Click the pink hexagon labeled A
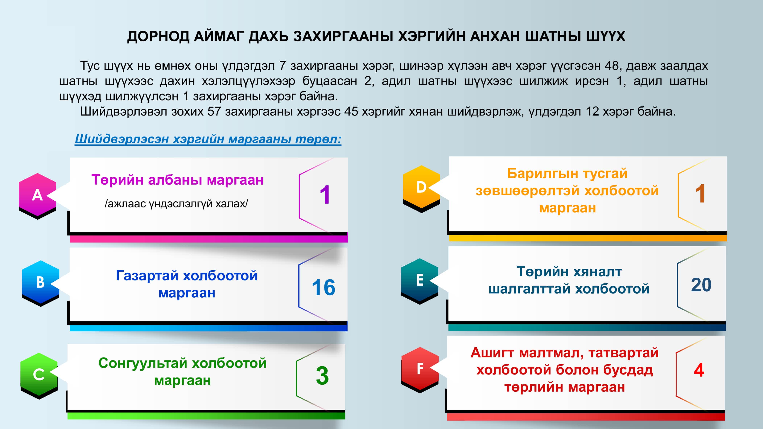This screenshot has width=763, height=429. pos(37,195)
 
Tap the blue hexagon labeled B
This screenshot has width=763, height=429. pos(41,283)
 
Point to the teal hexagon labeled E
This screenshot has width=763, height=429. pos(420,281)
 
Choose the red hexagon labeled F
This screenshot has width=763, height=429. pos(420,370)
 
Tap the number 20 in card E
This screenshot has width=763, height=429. pos(701,285)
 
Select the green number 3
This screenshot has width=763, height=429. pos(322,376)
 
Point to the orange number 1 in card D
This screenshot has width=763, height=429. pos(700,194)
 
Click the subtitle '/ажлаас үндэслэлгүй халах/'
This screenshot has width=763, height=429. pos(176,204)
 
